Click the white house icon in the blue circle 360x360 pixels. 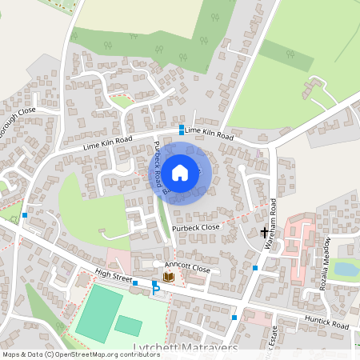click(181, 172)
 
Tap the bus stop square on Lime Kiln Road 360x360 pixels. click(182, 130)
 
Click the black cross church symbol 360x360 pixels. click(265, 233)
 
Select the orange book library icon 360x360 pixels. click(168, 277)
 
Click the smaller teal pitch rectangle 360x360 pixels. click(128, 325)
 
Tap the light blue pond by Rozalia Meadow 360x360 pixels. click(346, 269)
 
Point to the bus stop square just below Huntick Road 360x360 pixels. click(234, 318)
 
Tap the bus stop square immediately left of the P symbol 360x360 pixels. click(134, 283)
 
